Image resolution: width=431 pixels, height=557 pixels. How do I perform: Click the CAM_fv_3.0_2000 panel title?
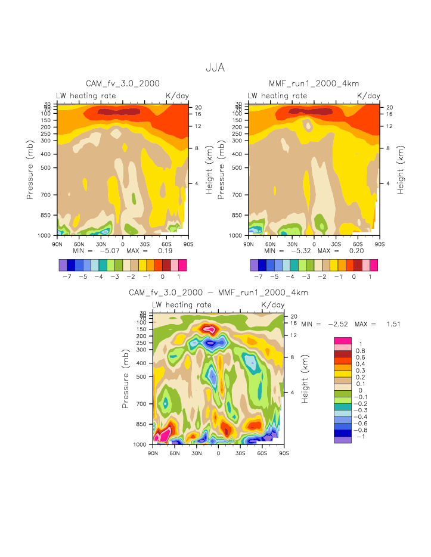click(123, 84)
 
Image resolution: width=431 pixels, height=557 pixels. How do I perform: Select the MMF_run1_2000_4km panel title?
click(314, 84)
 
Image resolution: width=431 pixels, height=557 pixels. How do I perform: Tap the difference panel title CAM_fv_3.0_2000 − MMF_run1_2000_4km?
click(218, 293)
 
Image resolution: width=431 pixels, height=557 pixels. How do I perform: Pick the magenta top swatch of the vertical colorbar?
click(342, 340)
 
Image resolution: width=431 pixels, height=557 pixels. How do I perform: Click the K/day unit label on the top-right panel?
click(368, 95)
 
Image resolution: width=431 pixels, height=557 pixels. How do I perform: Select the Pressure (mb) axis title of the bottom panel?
click(126, 379)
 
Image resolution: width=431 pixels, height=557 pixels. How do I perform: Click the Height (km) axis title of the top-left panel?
click(209, 170)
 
